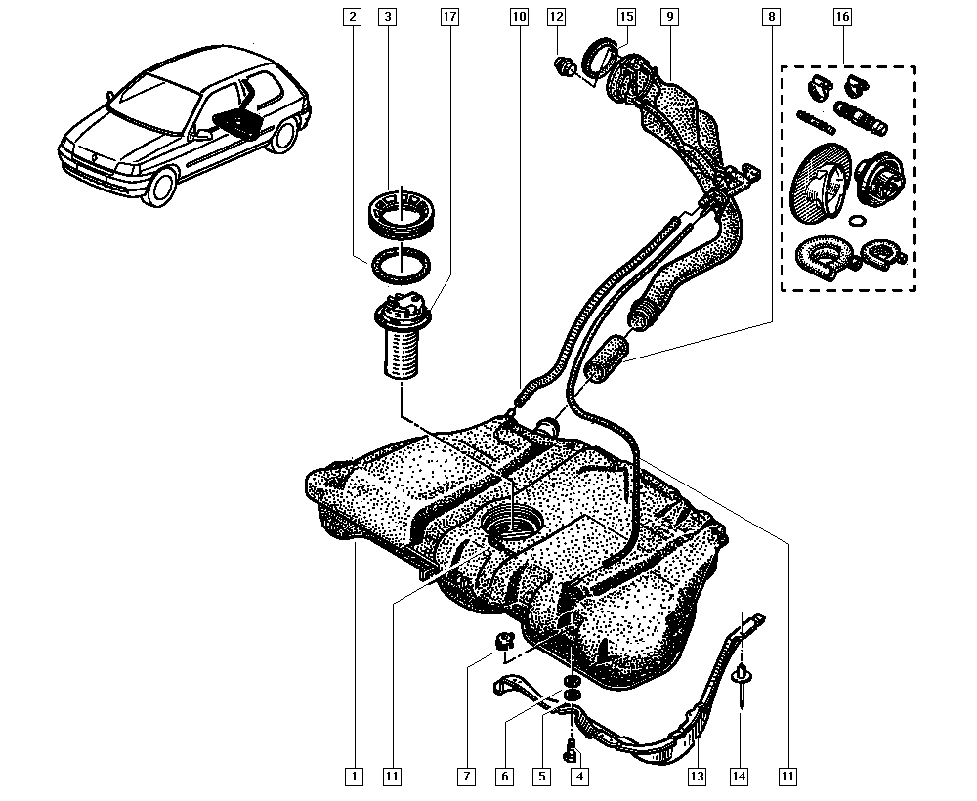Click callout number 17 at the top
[x=448, y=17]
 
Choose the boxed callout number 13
[x=697, y=777]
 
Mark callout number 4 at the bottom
[x=580, y=777]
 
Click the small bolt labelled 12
[x=564, y=67]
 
